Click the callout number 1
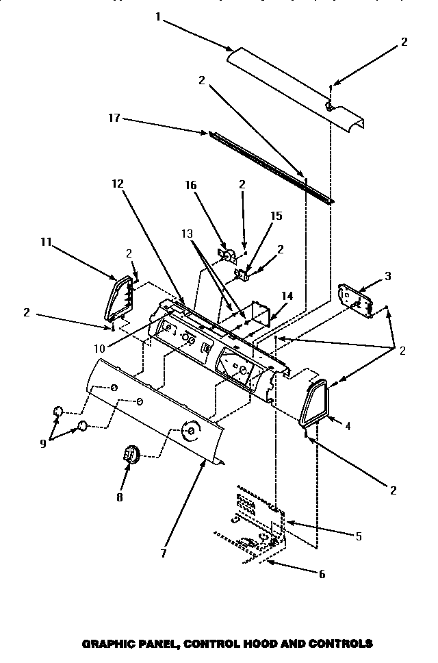pos(157,16)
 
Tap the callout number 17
pos(114,118)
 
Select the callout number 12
pos(117,183)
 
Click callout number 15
pos(276,215)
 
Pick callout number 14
pos(287,296)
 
